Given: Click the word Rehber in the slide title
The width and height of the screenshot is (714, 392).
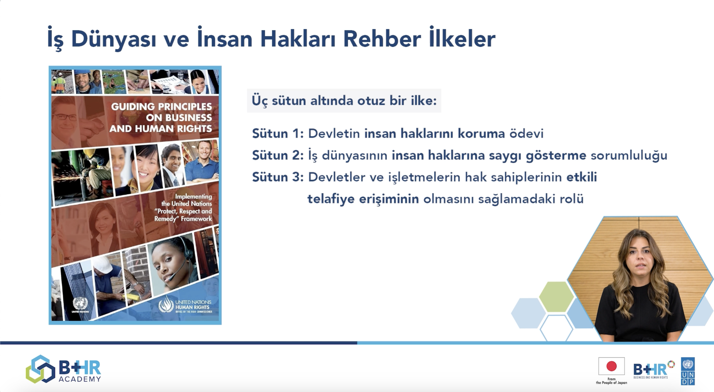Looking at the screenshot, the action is click(382, 39).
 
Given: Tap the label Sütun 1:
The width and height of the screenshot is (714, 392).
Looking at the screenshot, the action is click(278, 134).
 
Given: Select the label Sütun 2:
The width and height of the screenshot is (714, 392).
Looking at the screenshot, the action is click(278, 155).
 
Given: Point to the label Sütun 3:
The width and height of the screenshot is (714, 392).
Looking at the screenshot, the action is click(278, 177).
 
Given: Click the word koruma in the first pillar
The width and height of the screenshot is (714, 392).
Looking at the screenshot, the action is click(481, 134).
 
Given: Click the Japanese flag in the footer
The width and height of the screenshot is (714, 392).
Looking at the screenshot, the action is click(611, 366).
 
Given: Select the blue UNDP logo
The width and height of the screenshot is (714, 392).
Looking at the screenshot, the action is click(688, 371).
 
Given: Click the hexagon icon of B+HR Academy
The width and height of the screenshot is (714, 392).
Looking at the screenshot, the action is click(40, 369).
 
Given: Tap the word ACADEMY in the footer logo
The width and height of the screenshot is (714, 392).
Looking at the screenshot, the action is click(80, 379).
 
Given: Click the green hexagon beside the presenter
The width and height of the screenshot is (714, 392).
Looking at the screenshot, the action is click(556, 297).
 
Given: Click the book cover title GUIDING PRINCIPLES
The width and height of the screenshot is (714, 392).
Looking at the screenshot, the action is click(161, 107).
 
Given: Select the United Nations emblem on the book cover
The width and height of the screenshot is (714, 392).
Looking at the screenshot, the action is click(80, 303).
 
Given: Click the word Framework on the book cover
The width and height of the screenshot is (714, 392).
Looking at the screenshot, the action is click(197, 219).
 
